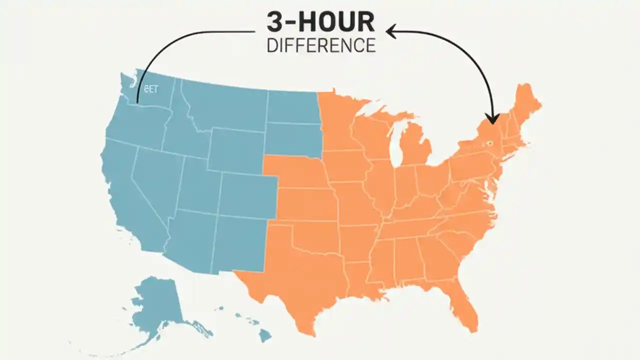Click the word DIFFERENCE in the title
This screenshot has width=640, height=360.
(x=321, y=45)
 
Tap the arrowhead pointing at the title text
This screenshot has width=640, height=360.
(x=390, y=32)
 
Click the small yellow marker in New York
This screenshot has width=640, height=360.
(x=489, y=143)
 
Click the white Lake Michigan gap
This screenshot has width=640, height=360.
(x=395, y=150)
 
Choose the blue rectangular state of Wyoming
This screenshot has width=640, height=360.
(x=235, y=150)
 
